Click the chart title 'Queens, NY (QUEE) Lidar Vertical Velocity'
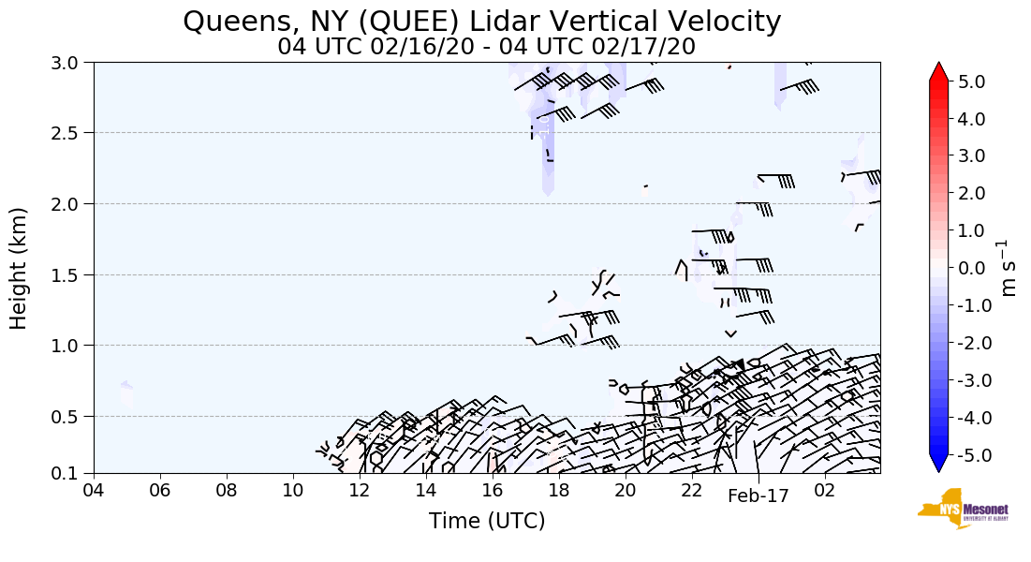481,22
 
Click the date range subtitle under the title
486,47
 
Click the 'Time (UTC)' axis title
486,521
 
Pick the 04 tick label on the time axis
94,491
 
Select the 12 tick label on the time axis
360,491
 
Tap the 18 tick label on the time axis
559,491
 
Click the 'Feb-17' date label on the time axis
759,495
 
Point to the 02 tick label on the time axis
825,491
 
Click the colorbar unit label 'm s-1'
1009,268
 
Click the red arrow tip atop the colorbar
939,70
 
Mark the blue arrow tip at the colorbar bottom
939,466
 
